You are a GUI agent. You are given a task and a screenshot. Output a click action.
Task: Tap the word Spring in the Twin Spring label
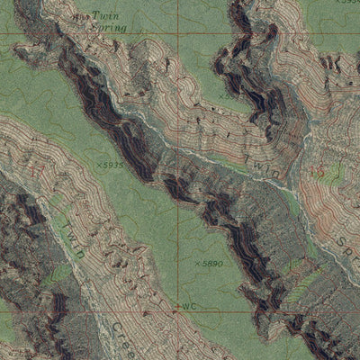(x=108, y=29)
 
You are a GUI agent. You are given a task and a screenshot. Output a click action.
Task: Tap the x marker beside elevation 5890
(x=196, y=263)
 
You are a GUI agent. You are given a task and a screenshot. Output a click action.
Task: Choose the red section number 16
(x=315, y=170)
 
